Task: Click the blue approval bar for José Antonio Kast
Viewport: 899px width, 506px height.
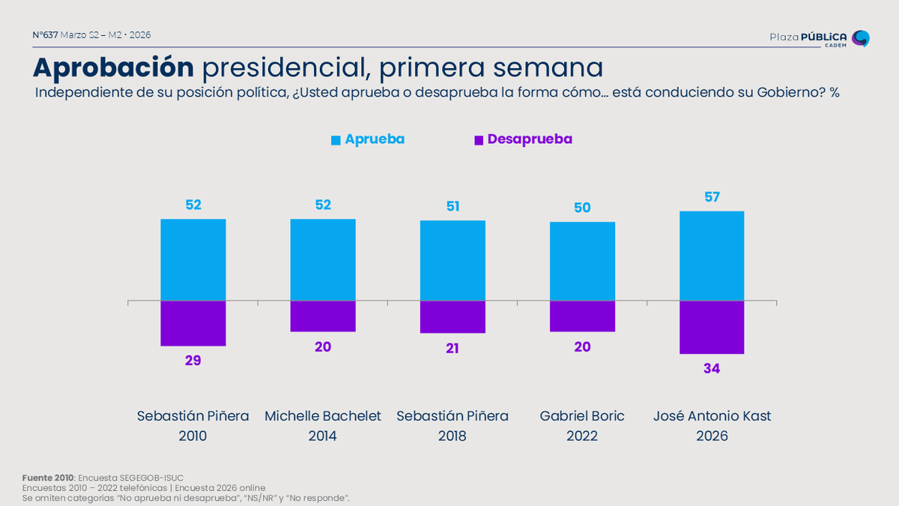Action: click(712, 256)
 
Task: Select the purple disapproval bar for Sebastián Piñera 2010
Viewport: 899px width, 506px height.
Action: click(193, 323)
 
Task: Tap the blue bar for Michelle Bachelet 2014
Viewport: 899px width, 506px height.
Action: click(323, 259)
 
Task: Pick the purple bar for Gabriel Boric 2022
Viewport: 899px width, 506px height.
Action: click(582, 316)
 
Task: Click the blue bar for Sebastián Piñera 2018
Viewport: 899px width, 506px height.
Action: click(452, 260)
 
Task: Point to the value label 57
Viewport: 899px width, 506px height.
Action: click(712, 197)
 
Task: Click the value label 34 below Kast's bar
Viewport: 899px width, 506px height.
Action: click(712, 369)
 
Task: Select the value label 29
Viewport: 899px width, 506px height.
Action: click(193, 361)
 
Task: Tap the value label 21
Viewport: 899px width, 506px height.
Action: click(452, 349)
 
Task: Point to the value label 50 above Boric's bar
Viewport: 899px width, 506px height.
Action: click(582, 208)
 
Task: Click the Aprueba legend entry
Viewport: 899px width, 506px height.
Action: click(368, 139)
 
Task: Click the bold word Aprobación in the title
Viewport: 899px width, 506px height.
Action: click(113, 67)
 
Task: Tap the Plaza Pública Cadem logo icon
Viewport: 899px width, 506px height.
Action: click(861, 38)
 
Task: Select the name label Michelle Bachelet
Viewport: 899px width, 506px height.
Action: click(323, 416)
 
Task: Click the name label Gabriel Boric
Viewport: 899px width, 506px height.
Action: click(582, 416)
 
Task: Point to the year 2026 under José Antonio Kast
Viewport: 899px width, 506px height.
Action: click(712, 436)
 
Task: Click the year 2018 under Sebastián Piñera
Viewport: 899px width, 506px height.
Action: click(452, 436)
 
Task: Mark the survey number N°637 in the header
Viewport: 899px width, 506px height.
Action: click(45, 35)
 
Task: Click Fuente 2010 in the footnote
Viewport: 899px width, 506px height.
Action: click(48, 478)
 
